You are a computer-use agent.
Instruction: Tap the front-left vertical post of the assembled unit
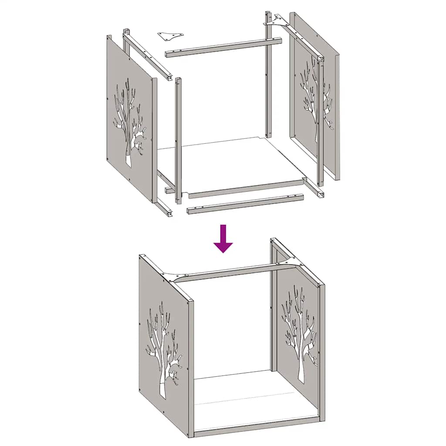tap(190, 366)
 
